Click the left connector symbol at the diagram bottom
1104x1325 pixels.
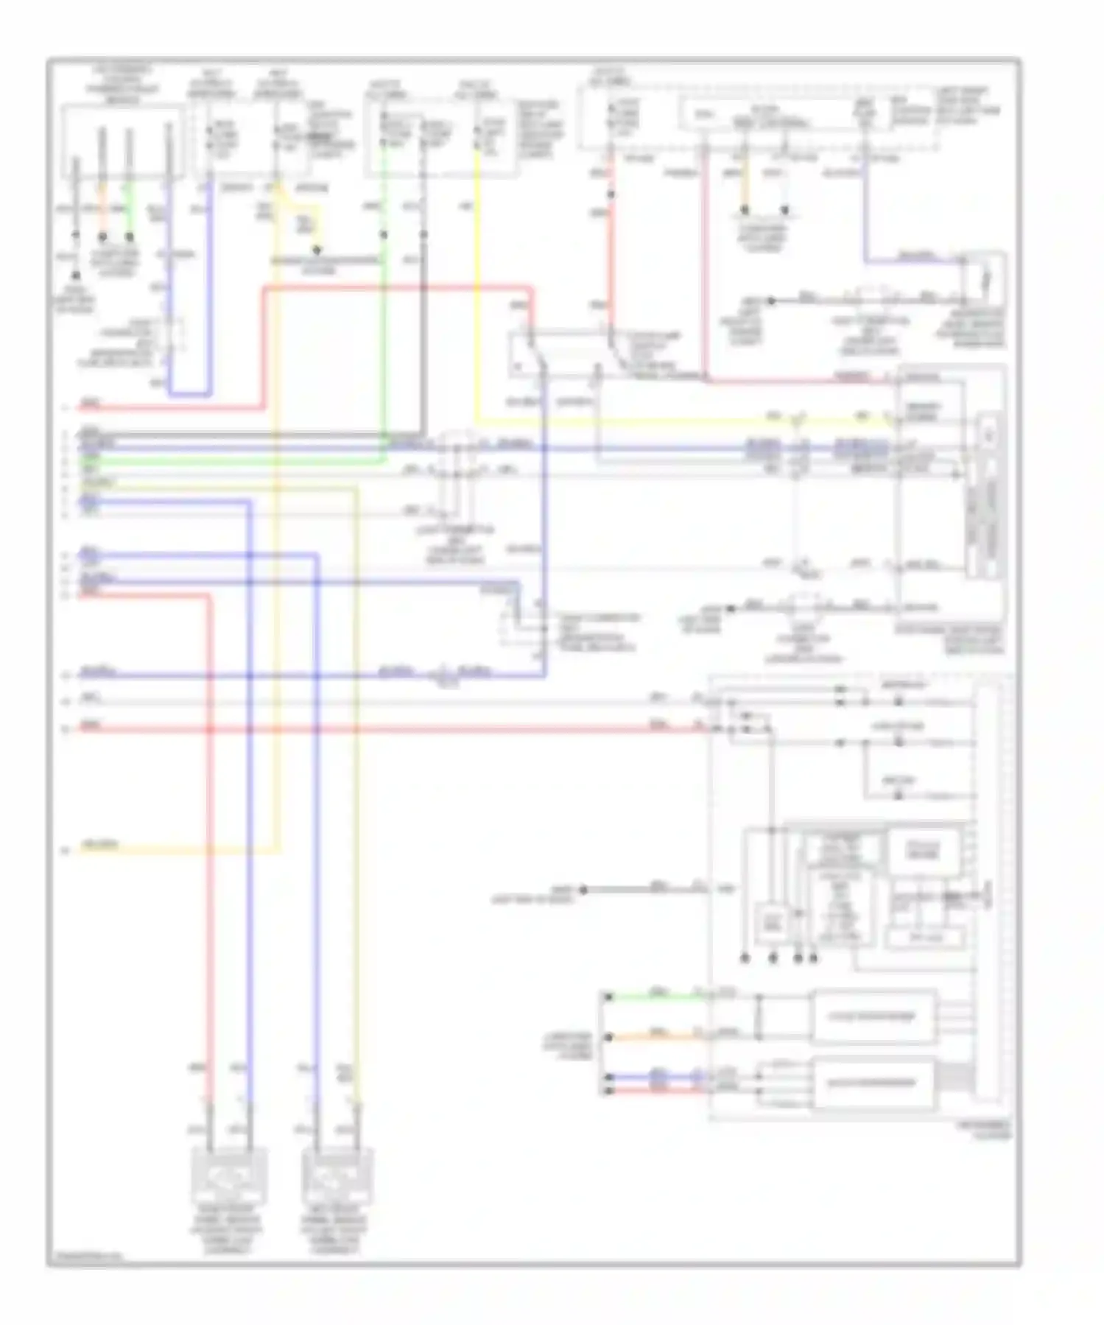229,1176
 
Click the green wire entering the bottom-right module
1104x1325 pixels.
655,997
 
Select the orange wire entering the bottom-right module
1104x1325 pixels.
655,1037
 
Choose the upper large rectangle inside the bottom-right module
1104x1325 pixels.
873,1017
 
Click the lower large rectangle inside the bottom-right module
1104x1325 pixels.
873,1083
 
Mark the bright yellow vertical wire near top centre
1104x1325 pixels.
477,295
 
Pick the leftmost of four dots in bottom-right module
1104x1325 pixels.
745,958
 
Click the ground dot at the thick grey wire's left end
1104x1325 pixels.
583,890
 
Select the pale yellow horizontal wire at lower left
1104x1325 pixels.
177,851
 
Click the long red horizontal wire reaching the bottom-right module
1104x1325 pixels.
383,729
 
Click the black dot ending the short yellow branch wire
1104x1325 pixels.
317,250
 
